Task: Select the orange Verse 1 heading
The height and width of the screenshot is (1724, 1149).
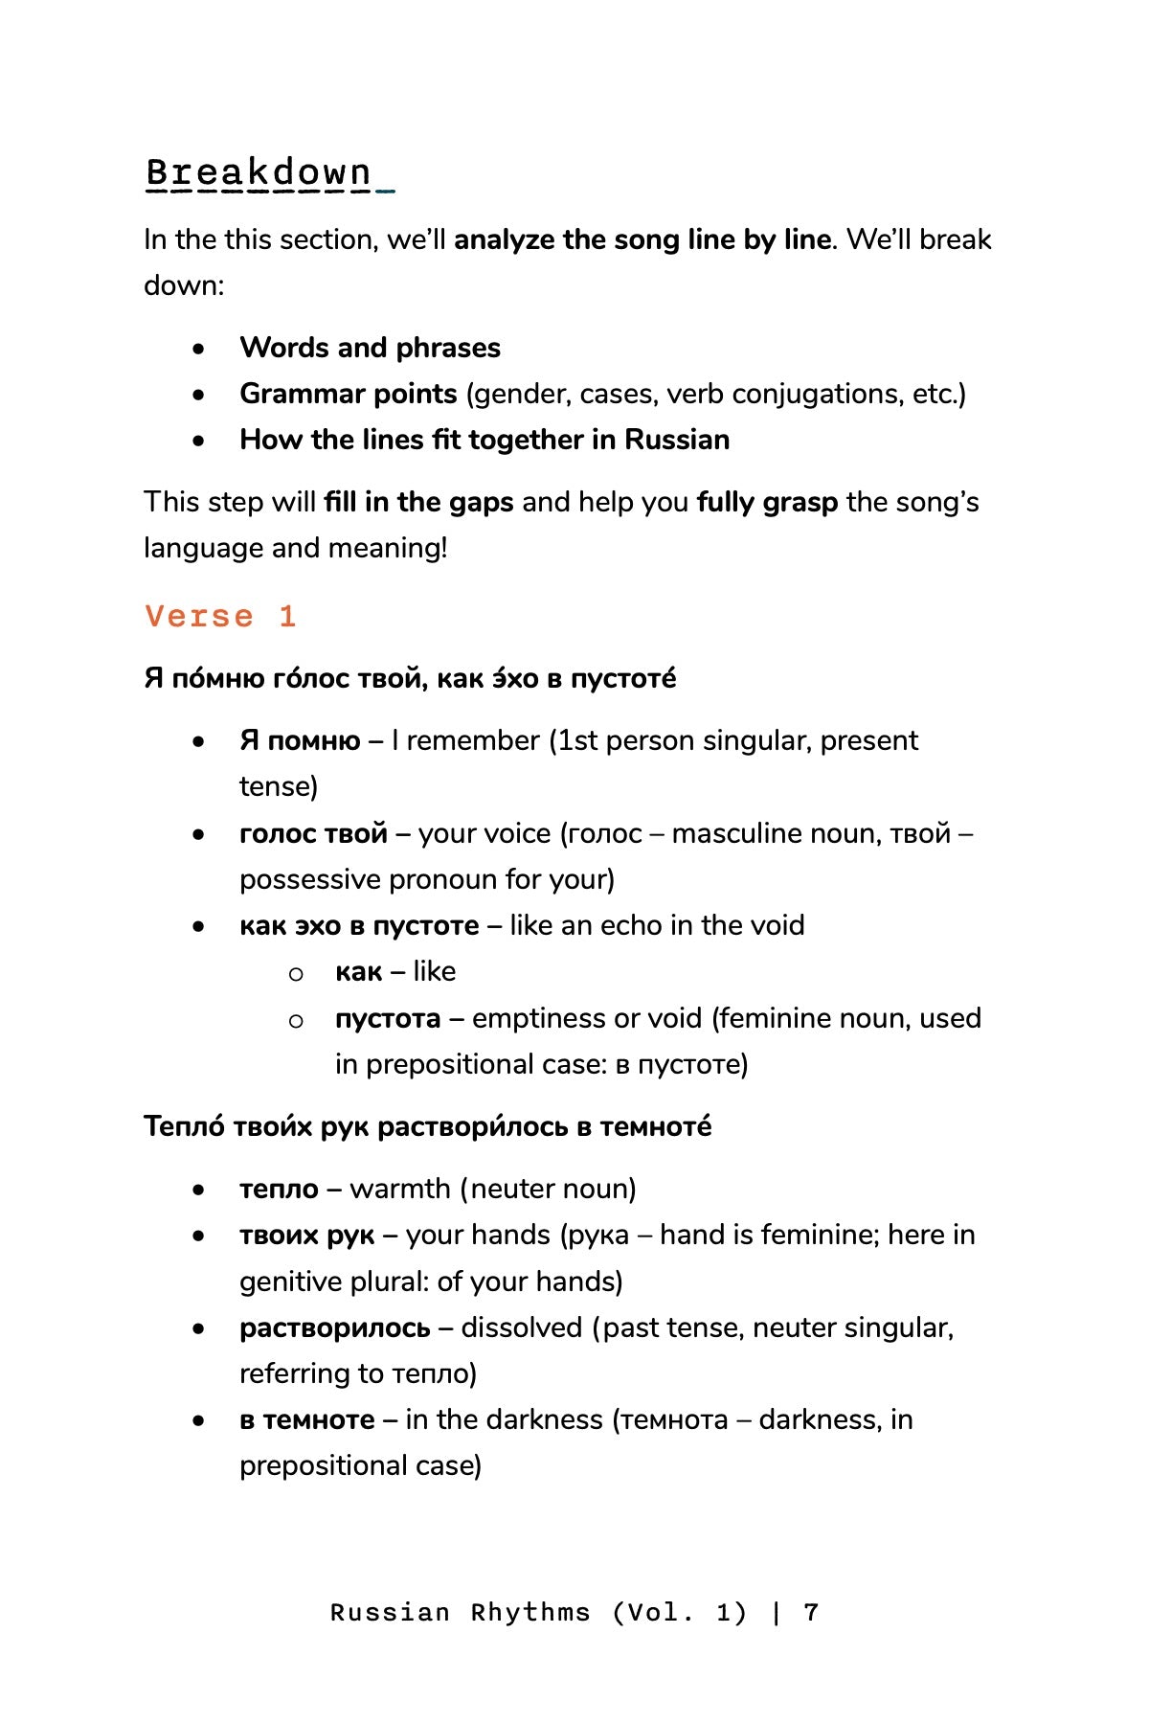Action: [221, 616]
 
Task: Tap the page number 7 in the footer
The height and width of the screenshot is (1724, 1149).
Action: [811, 1613]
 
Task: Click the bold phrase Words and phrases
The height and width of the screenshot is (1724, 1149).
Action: [370, 348]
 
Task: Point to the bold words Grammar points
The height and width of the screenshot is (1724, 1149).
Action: [349, 394]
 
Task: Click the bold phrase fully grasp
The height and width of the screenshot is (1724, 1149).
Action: [767, 502]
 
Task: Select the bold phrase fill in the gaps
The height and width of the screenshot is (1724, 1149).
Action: [418, 502]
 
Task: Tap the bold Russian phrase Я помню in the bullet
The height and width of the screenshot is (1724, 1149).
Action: [300, 740]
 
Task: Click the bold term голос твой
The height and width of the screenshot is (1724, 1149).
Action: [313, 833]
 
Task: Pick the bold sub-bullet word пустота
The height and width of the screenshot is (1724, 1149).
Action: [388, 1018]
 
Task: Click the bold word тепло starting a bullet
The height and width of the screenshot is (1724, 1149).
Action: [279, 1189]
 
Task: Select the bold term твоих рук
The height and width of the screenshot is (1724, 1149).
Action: [306, 1236]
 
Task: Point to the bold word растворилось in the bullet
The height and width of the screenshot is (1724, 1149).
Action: [334, 1328]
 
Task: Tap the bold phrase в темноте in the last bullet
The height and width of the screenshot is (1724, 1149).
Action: [306, 1419]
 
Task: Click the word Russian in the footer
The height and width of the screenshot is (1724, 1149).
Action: [390, 1613]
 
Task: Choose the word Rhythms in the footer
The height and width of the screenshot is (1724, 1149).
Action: [530, 1613]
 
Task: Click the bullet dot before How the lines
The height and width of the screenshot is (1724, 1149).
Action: [198, 441]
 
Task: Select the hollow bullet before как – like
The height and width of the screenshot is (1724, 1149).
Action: [296, 973]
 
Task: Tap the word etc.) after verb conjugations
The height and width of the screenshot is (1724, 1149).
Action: [938, 394]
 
